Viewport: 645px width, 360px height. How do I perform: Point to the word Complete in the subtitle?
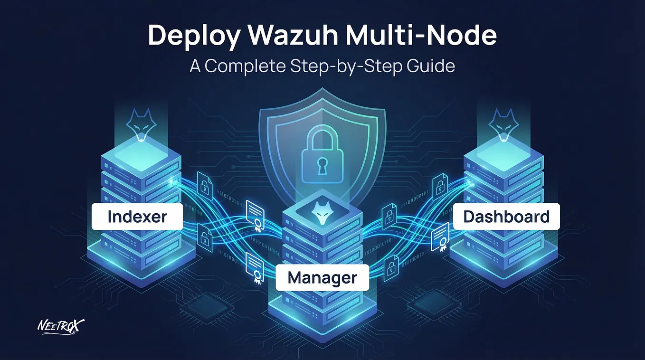tap(246, 66)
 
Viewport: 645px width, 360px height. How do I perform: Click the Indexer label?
tap(137, 217)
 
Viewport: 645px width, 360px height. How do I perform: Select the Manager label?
tap(322, 277)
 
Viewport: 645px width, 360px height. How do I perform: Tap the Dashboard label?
tap(506, 217)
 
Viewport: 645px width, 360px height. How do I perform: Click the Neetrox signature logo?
tap(61, 327)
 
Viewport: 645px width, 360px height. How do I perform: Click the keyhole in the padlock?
tap(322, 166)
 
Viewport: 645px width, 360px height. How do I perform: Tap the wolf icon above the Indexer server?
tap(142, 125)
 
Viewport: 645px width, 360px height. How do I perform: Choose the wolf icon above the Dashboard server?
tap(503, 125)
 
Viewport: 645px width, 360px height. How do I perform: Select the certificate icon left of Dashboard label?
tap(440, 237)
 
